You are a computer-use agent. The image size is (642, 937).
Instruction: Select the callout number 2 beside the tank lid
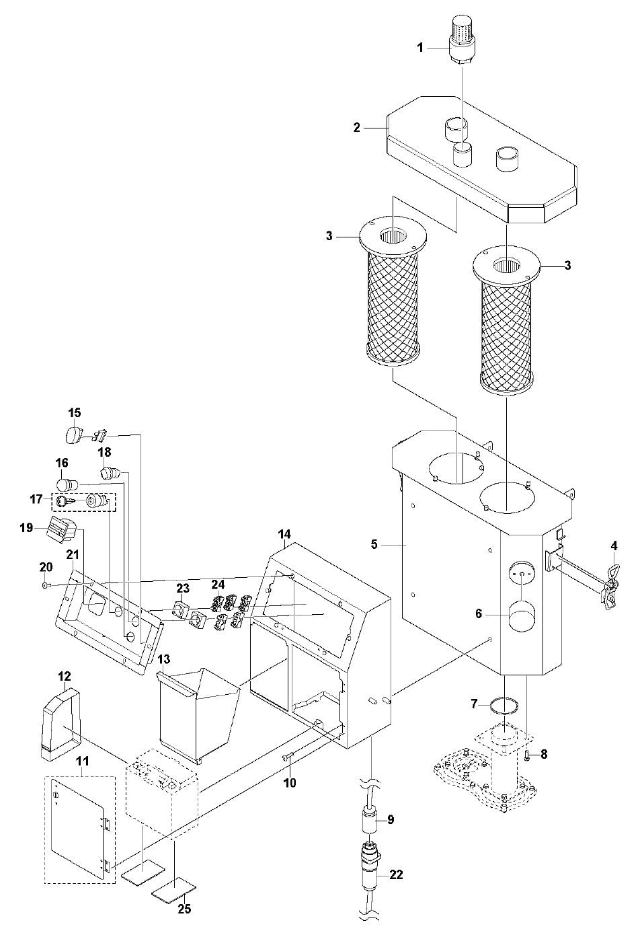coord(357,126)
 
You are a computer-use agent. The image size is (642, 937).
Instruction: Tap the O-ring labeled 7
coord(504,705)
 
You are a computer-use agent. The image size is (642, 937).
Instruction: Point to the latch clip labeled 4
coord(610,578)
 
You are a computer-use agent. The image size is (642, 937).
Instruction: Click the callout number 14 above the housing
coord(285,534)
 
